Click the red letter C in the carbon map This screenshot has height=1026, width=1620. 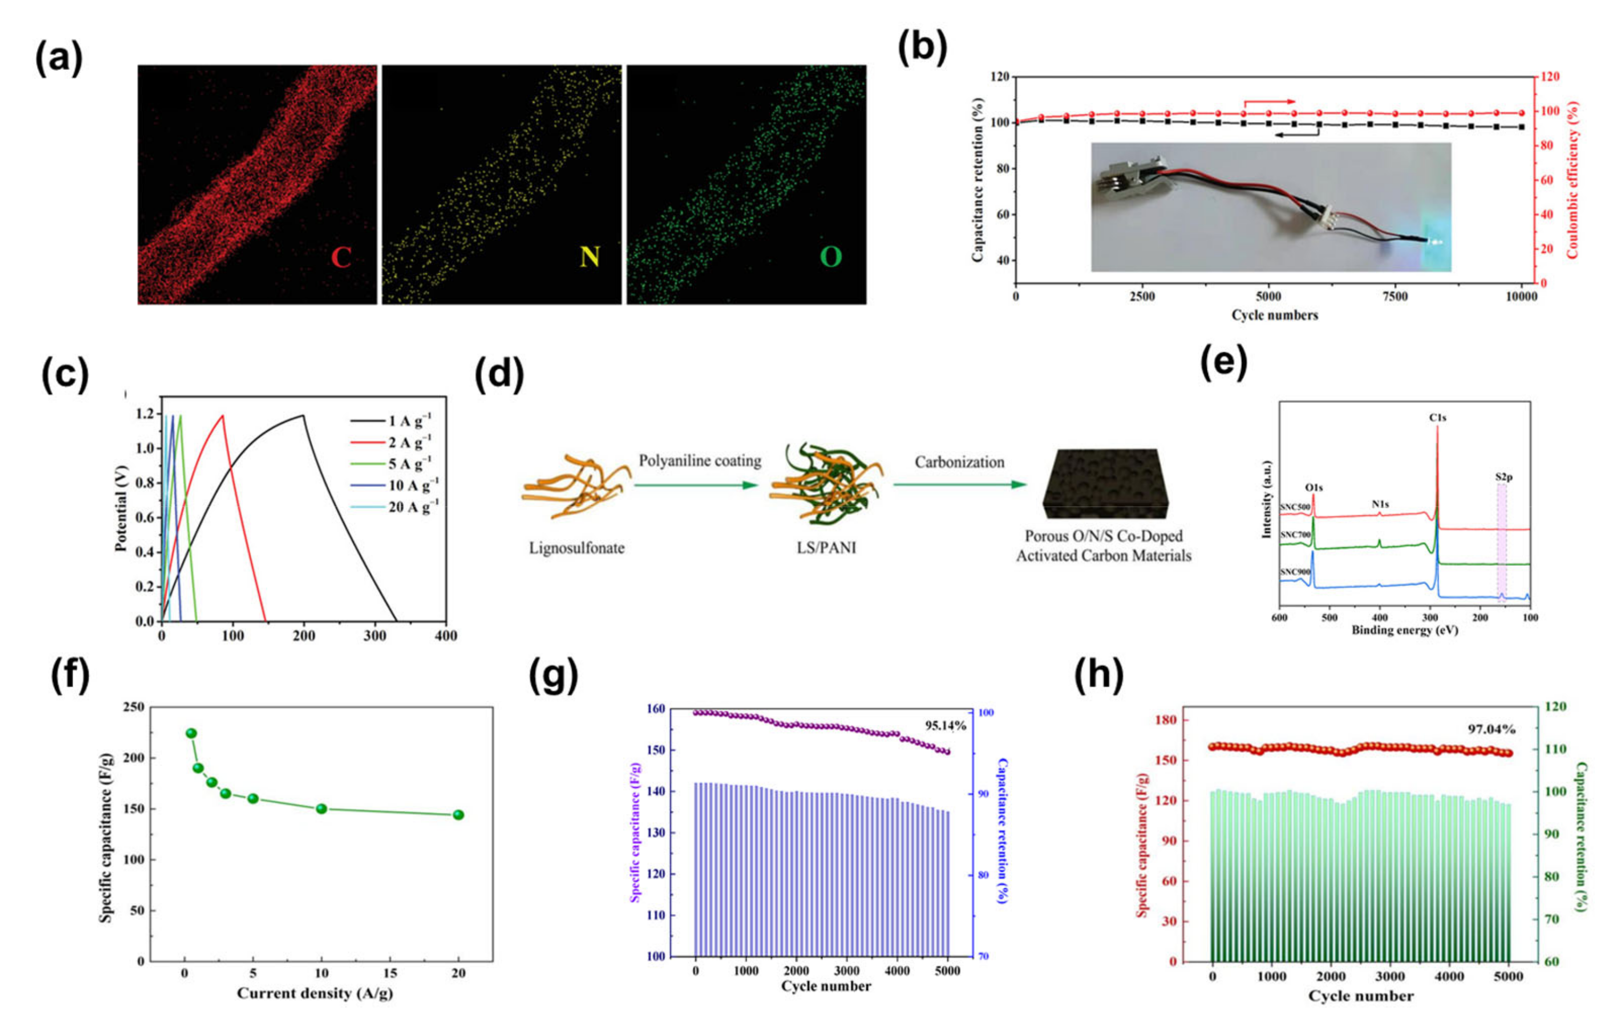click(341, 257)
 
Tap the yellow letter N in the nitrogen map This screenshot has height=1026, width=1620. click(589, 257)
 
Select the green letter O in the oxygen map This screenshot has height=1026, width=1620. click(831, 257)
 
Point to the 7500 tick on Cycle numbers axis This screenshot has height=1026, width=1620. click(1395, 297)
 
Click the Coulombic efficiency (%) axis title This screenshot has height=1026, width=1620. click(1573, 180)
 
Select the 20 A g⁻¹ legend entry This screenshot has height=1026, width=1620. click(413, 507)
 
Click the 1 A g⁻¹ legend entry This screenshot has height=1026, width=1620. click(409, 421)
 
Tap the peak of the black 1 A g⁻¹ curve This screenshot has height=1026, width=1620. click(303, 415)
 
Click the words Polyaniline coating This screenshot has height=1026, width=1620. click(700, 461)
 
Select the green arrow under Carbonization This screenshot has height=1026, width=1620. click(960, 484)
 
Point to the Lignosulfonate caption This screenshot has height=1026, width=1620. click(577, 548)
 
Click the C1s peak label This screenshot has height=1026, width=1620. click(1438, 418)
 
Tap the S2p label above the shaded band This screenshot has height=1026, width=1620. click(1504, 477)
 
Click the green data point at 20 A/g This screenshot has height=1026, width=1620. click(458, 815)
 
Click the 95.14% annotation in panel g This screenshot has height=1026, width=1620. click(945, 726)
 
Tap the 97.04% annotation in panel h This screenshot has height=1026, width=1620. click(1491, 729)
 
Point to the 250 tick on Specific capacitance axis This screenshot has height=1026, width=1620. click(134, 707)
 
